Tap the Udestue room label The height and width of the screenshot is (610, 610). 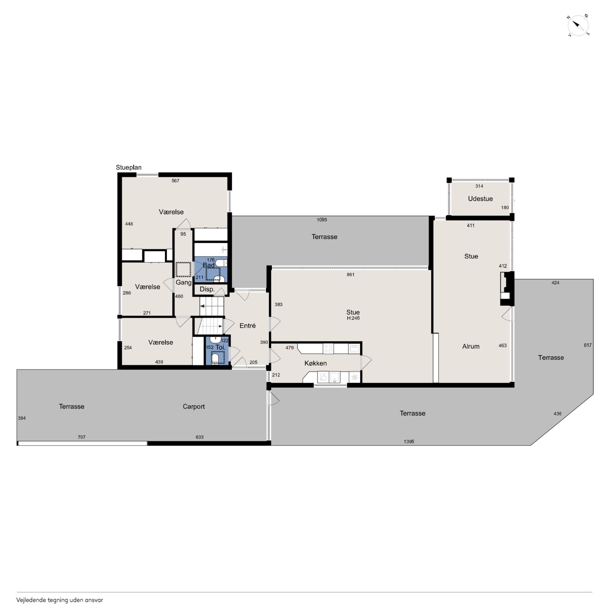tap(480, 198)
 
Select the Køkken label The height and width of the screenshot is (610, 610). tap(315, 363)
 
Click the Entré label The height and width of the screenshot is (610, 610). tap(248, 325)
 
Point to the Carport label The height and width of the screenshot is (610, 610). tap(194, 407)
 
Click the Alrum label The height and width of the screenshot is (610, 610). tap(471, 346)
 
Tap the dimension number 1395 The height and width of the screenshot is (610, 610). tap(409, 441)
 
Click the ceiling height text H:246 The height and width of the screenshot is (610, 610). tap(353, 318)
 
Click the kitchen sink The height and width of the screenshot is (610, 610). tap(335, 377)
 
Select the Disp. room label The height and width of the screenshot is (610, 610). tap(207, 289)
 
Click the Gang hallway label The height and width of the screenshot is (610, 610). tap(183, 282)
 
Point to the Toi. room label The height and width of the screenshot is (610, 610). tap(220, 347)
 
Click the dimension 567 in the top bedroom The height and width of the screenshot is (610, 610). tap(175, 181)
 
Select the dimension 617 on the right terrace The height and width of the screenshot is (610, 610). tap(587, 345)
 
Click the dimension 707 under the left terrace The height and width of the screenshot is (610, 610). tap(81, 437)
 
